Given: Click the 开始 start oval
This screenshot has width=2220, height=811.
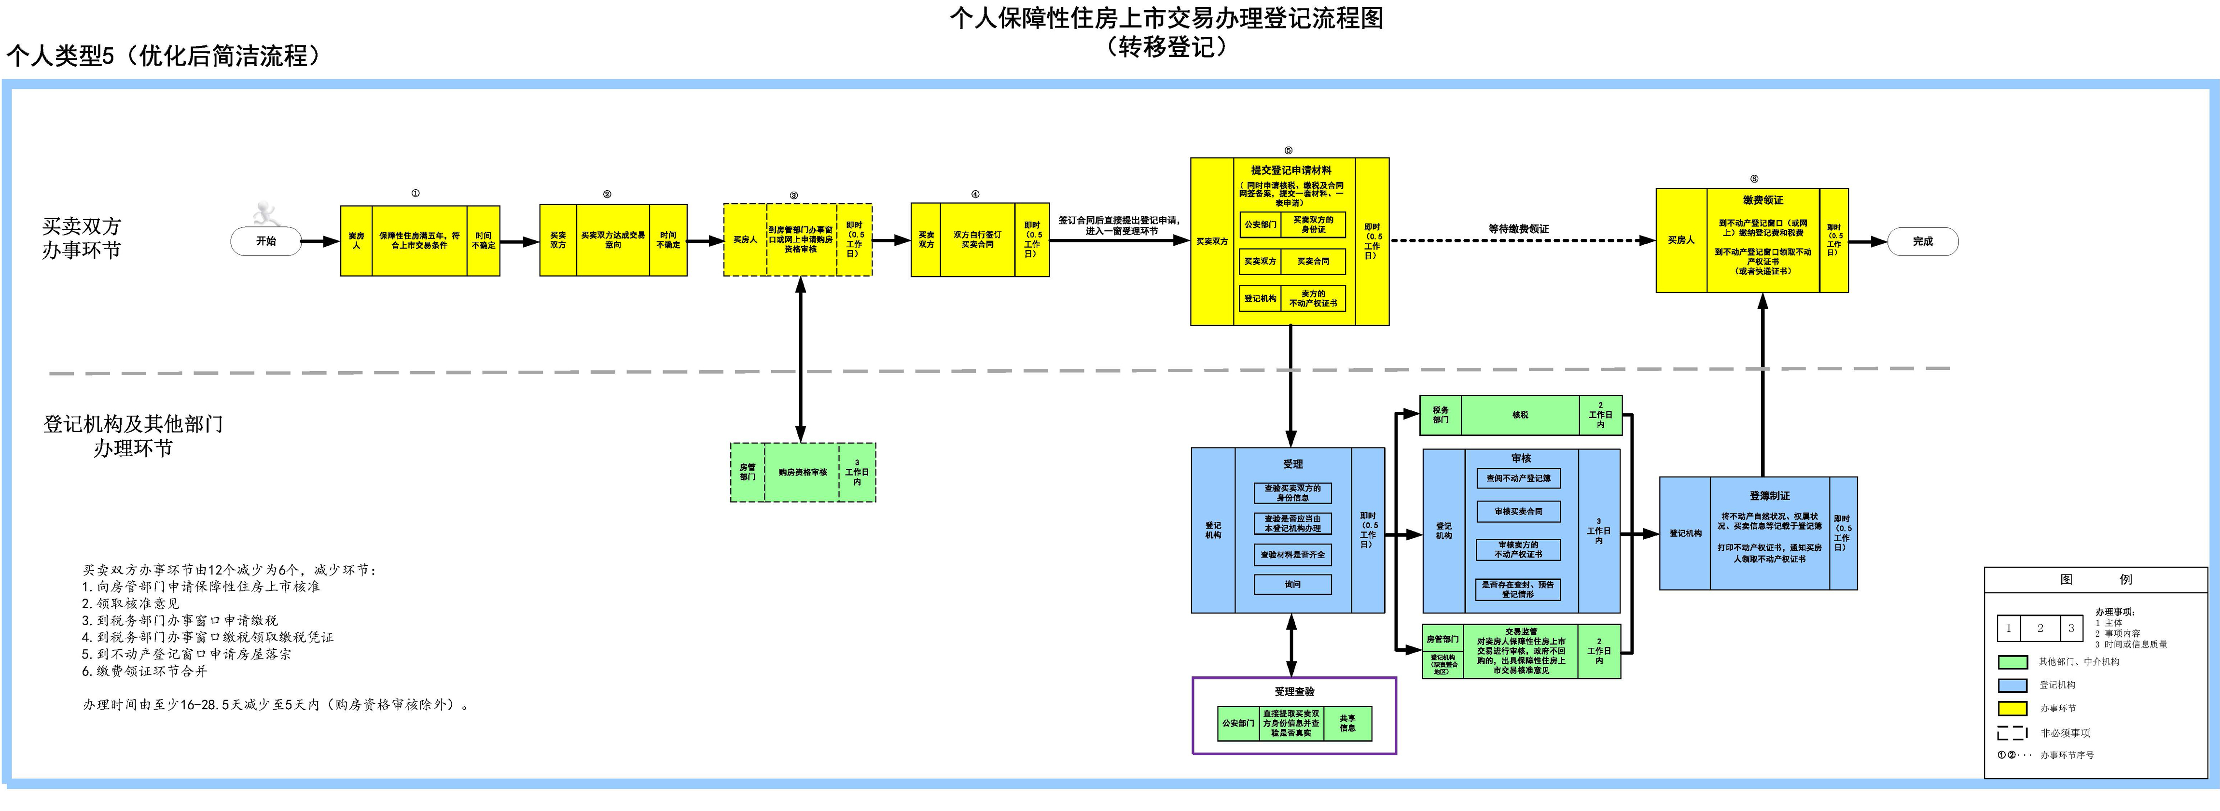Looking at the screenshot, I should point(266,241).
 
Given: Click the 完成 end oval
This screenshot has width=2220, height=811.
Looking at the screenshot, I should point(1923,241).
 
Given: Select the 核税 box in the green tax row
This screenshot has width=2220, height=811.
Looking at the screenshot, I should point(1520,415).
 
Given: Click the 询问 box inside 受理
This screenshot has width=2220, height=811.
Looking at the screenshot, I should point(1293,584).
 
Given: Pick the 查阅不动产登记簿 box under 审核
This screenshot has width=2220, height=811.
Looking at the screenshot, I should point(1518,478).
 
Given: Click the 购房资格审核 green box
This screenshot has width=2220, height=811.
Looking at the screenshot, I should point(802,472).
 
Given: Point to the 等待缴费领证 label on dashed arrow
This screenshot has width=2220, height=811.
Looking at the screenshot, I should point(1518,228).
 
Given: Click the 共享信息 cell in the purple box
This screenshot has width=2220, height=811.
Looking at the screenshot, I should point(1347,723).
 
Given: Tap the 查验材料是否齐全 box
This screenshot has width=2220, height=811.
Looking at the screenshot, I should point(1293,554).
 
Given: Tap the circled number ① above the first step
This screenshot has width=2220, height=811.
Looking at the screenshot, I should point(416,193).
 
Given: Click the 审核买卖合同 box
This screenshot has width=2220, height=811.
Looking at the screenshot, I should point(1518,512).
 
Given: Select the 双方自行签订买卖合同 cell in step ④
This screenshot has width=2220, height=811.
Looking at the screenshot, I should point(977,239).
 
